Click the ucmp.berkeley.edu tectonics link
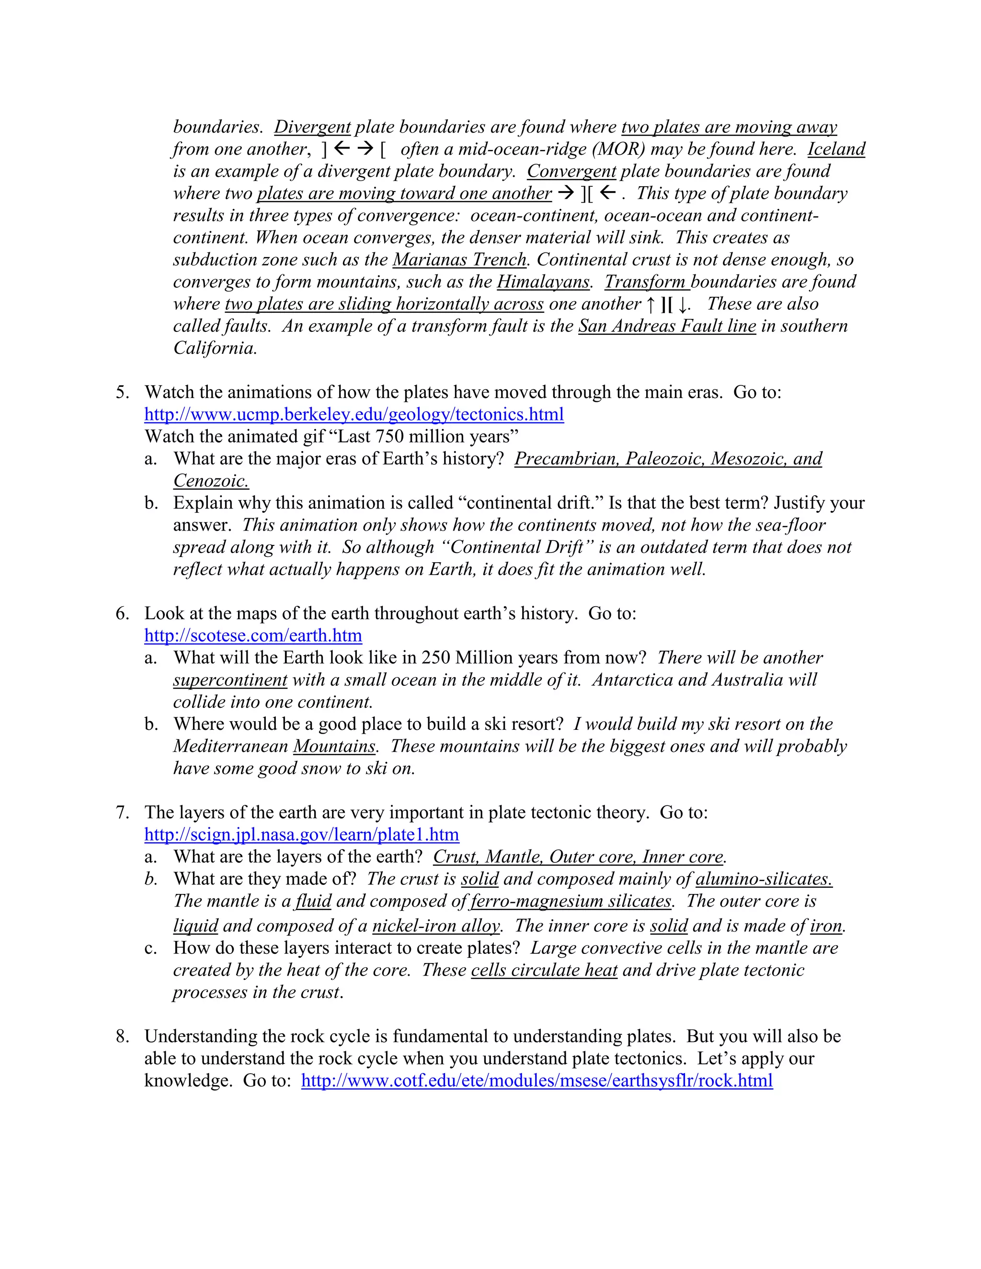pyautogui.click(x=354, y=414)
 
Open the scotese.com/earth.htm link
pyautogui.click(x=253, y=635)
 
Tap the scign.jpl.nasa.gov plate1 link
pyautogui.click(x=302, y=834)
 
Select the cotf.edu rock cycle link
pyautogui.click(x=537, y=1080)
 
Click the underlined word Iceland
pyautogui.click(x=836, y=149)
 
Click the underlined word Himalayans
pyautogui.click(x=543, y=282)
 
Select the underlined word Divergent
pyautogui.click(x=312, y=127)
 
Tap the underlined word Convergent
pyautogui.click(x=571, y=171)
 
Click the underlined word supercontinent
pyautogui.click(x=230, y=680)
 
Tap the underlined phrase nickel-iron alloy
pyautogui.click(x=436, y=926)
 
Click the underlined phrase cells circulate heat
pyautogui.click(x=544, y=970)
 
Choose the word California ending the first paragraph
pyautogui.click(x=215, y=348)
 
